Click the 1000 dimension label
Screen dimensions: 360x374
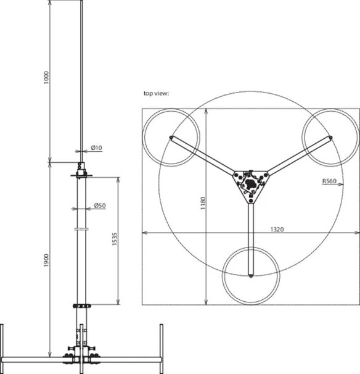(x=46, y=77)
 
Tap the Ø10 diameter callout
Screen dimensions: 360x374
(x=96, y=148)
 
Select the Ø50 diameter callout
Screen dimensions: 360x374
(x=100, y=206)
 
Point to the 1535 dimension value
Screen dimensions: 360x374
(x=115, y=239)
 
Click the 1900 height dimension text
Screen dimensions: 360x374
(x=46, y=260)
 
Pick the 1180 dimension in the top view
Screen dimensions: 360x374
(x=203, y=203)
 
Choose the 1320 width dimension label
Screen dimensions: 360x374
(x=277, y=230)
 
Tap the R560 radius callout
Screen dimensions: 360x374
(x=329, y=181)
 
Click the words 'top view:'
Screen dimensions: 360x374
(x=156, y=93)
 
